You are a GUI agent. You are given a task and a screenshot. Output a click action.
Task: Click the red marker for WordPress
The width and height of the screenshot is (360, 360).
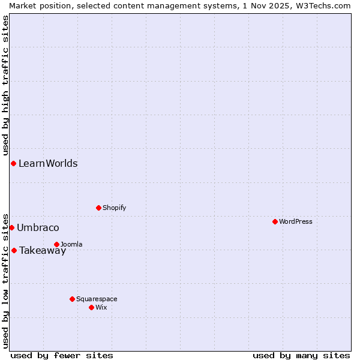(275, 221)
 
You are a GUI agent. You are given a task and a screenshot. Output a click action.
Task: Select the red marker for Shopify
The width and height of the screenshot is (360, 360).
(98, 208)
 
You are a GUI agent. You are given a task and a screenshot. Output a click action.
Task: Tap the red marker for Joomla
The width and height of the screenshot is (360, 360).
(56, 244)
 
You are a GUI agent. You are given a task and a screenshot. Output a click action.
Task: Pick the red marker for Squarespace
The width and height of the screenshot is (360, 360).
(72, 299)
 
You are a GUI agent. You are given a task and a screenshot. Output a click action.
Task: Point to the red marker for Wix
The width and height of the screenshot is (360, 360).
(91, 307)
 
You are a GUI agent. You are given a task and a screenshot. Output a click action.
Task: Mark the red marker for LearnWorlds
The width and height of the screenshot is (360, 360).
(13, 163)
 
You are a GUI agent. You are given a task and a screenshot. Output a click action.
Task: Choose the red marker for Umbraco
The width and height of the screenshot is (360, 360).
(11, 227)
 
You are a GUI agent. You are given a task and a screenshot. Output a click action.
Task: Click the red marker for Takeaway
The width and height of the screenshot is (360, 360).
(14, 250)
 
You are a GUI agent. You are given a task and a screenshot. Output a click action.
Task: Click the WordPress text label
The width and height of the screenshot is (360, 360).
(296, 221)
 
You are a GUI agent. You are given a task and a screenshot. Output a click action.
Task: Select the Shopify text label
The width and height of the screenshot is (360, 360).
(115, 208)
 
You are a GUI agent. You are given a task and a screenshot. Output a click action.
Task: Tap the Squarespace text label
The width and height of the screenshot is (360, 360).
(97, 299)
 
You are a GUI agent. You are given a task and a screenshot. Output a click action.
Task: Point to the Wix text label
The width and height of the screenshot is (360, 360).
(101, 307)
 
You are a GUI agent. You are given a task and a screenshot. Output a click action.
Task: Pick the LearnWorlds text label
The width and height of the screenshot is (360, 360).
(48, 163)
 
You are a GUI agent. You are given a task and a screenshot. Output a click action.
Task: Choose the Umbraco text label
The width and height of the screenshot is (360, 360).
(38, 227)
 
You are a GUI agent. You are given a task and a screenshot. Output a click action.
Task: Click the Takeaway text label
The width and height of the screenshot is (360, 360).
(43, 251)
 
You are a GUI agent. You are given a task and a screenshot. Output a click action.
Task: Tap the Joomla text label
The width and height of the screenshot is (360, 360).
(71, 244)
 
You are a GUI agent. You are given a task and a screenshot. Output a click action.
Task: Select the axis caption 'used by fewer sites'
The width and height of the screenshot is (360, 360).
(62, 355)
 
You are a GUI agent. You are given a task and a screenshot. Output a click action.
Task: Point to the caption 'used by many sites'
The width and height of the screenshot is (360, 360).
(301, 355)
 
